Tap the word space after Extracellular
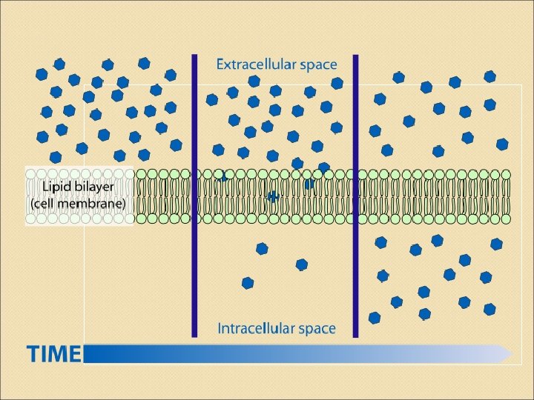tap(317, 65)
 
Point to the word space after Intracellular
tap(317, 329)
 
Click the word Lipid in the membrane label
tap(56, 187)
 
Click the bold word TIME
tap(54, 354)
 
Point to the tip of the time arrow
tap(511, 354)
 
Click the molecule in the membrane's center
tap(273, 197)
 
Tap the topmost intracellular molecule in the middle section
tap(262, 249)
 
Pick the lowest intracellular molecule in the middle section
tap(248, 282)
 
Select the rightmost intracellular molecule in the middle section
tap(301, 264)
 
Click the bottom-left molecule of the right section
tap(375, 318)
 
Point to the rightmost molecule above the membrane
tap(502, 144)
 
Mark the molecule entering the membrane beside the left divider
tap(222, 176)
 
